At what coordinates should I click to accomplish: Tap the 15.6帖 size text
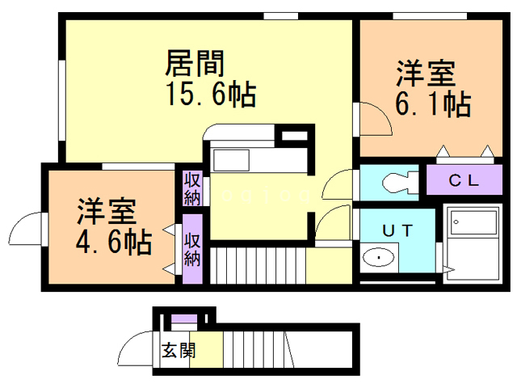pyautogui.click(x=211, y=95)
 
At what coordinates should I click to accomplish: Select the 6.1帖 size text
pyautogui.click(x=432, y=104)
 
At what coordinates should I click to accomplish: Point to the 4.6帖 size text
pyautogui.click(x=114, y=241)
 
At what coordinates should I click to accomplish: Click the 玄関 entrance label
pyautogui.click(x=177, y=351)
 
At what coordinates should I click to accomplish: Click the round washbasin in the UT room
pyautogui.click(x=376, y=259)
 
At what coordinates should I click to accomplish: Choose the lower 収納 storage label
pyautogui.click(x=192, y=249)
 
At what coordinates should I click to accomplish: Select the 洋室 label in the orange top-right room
pyautogui.click(x=424, y=74)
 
